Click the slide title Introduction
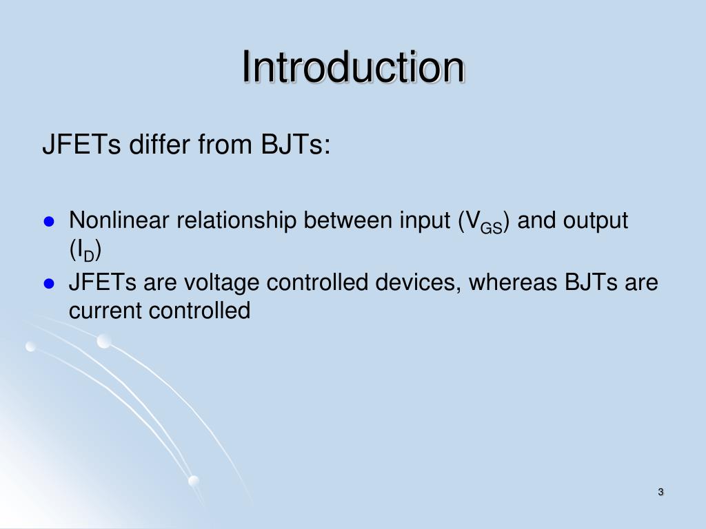(353, 68)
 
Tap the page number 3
(660, 492)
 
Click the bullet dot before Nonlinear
(49, 222)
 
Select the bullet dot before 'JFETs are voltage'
(49, 283)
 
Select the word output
(596, 221)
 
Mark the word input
(423, 222)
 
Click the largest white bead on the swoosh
(104, 341)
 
